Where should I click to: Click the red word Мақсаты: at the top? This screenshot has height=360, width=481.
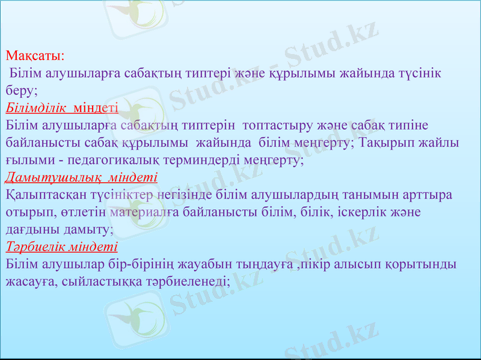pyautogui.click(x=35, y=56)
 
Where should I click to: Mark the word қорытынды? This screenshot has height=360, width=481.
pyautogui.click(x=418, y=265)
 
